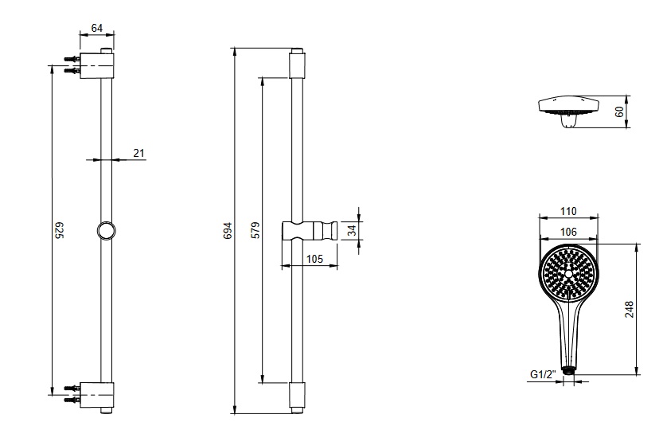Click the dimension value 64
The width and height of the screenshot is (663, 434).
click(x=97, y=29)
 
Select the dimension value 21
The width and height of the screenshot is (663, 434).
click(x=138, y=153)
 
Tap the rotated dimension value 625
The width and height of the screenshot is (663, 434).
click(x=58, y=231)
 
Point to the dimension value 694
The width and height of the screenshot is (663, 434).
click(x=227, y=231)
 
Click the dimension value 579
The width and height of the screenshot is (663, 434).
click(x=254, y=231)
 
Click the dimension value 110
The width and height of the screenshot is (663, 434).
click(x=567, y=211)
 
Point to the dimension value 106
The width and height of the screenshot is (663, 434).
click(x=567, y=231)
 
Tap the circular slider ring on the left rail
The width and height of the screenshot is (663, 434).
click(x=105, y=231)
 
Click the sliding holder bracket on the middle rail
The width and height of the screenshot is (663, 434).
click(x=310, y=230)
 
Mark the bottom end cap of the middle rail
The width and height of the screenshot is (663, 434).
click(x=297, y=396)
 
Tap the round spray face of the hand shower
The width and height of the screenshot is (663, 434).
click(x=567, y=273)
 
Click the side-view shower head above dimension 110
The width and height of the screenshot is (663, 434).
click(x=568, y=108)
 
